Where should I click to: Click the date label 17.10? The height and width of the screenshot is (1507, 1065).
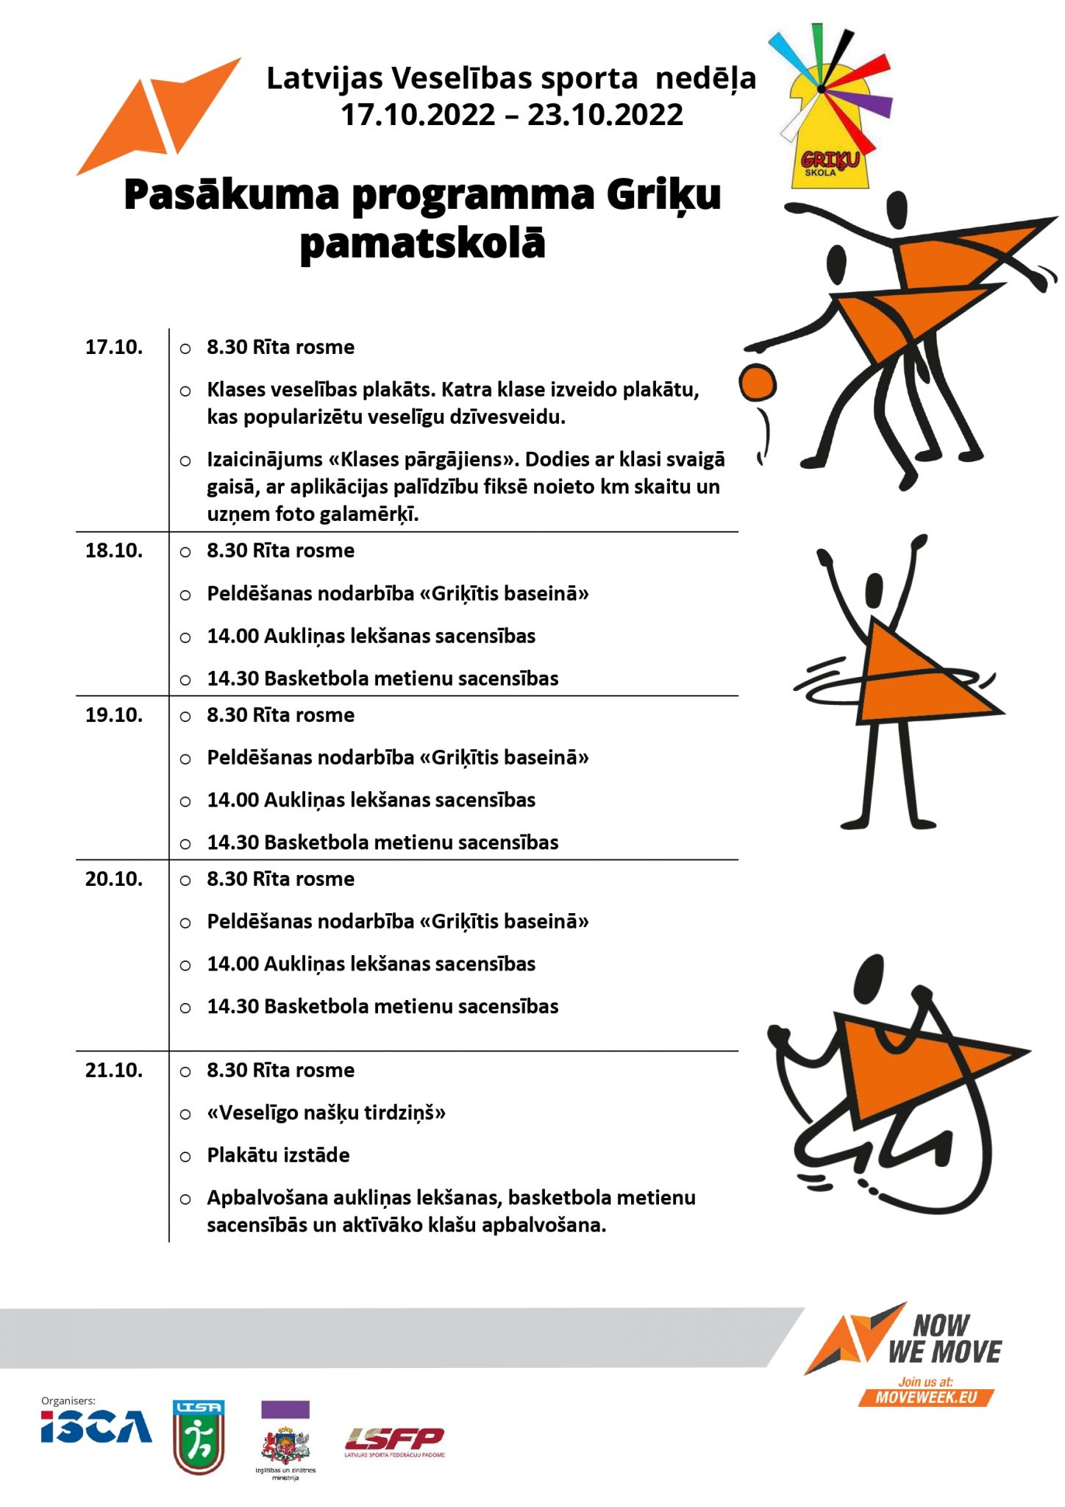pyautogui.click(x=114, y=347)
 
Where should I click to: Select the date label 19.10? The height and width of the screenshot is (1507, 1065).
pyautogui.click(x=114, y=715)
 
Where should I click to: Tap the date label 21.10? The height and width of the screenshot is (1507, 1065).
pyautogui.click(x=114, y=1070)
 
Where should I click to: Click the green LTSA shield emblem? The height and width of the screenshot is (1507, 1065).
pyautogui.click(x=199, y=1436)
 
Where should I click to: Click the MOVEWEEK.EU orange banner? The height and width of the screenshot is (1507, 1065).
pyautogui.click(x=926, y=1397)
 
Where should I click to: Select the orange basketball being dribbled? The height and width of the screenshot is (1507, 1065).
pyautogui.click(x=758, y=383)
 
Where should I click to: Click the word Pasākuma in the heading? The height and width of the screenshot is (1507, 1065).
pyautogui.click(x=232, y=196)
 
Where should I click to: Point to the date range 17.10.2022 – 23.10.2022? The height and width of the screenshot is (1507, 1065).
pyautogui.click(x=512, y=115)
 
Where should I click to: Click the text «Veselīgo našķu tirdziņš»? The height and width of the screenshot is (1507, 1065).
pyautogui.click(x=327, y=1113)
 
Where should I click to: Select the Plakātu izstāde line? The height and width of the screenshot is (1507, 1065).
pyautogui.click(x=278, y=1155)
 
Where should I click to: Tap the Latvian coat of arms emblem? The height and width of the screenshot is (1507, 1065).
pyautogui.click(x=285, y=1444)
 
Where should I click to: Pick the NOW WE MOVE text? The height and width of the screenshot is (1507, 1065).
pyautogui.click(x=944, y=1339)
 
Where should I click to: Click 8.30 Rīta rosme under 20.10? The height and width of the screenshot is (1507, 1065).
pyautogui.click(x=280, y=879)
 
